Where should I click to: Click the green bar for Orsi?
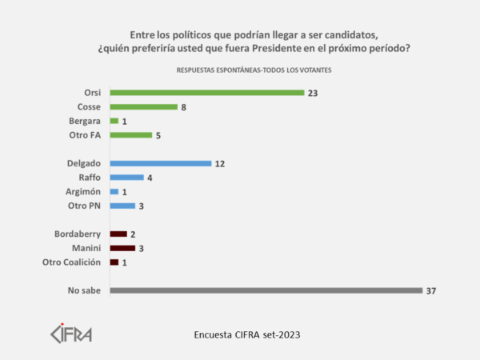click(206, 93)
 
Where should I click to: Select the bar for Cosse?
click(143, 106)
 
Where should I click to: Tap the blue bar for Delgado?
click(160, 163)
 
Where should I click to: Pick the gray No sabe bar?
click(266, 290)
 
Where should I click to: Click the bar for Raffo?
click(126, 178)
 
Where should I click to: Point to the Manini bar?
click(122, 248)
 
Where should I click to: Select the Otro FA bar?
click(130, 135)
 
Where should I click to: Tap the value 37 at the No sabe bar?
click(432, 290)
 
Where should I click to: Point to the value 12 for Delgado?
click(221, 163)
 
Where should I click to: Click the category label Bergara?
click(85, 121)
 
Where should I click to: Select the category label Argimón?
click(83, 192)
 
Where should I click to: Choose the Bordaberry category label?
click(78, 234)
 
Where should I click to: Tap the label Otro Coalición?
click(72, 262)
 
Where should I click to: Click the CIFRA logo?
click(71, 331)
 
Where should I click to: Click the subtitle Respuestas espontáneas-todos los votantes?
click(254, 70)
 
